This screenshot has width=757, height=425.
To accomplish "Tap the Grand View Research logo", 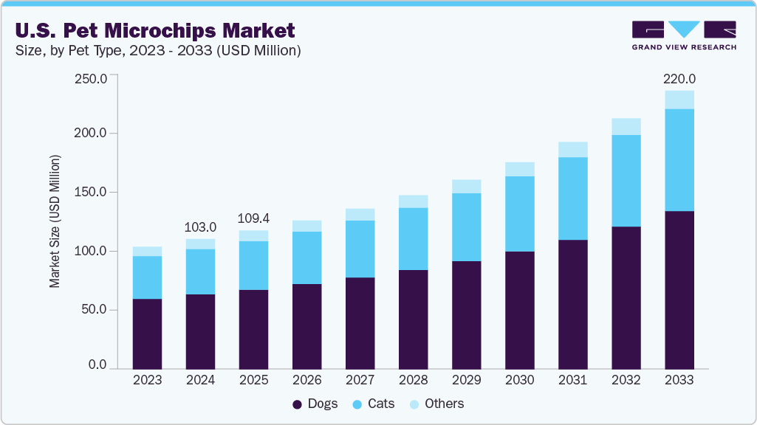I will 683,35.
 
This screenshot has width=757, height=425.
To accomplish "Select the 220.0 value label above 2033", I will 679,78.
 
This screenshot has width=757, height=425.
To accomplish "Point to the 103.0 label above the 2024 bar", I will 200,227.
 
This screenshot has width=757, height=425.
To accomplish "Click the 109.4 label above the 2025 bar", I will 253,218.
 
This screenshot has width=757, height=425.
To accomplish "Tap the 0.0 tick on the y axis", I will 97,365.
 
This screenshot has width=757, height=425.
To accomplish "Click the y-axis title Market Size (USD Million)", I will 55,221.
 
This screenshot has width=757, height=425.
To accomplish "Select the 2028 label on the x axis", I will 413,380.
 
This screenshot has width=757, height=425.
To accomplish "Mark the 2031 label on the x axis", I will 572,380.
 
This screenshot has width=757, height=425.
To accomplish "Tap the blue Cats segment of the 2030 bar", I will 519,214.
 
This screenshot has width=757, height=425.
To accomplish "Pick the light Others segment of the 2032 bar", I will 626,126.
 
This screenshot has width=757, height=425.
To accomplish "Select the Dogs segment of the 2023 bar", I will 147,334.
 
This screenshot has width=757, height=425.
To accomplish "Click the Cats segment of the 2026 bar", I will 306,258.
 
